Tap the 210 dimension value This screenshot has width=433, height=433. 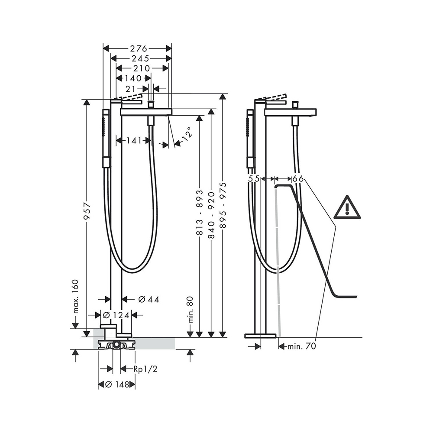point(142,68)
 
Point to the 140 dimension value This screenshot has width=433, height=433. point(133,78)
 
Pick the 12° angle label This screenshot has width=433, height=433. point(185,135)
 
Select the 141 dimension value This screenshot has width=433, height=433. point(134,140)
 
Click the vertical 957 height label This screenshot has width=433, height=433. point(87,211)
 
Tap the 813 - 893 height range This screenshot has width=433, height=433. point(200,213)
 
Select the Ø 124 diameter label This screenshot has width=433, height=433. point(116,315)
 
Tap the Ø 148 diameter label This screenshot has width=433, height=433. point(116,384)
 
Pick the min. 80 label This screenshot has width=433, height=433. point(190,310)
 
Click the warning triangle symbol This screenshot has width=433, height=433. point(347,207)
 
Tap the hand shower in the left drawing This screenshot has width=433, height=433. point(105,139)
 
